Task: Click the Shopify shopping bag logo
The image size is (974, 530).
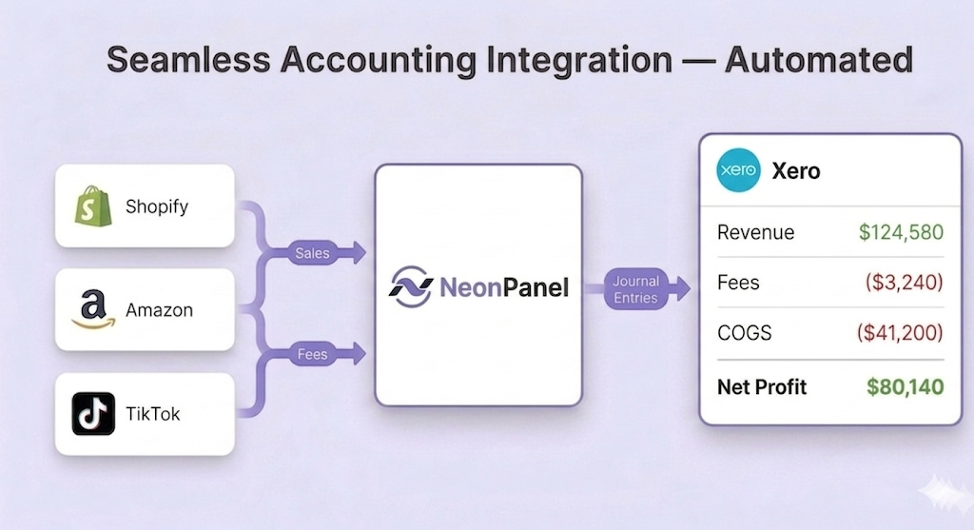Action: click(x=93, y=206)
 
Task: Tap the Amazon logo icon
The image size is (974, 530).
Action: click(x=92, y=310)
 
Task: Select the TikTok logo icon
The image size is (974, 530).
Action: click(x=93, y=414)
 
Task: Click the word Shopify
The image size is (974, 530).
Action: click(x=158, y=206)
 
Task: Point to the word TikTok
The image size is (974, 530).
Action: click(x=153, y=414)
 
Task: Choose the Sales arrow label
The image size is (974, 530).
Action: click(x=312, y=253)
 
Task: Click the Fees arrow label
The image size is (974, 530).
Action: click(x=312, y=355)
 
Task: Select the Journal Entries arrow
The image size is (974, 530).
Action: click(x=637, y=289)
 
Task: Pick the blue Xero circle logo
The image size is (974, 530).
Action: click(x=738, y=170)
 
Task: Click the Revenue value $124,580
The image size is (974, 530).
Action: click(x=900, y=232)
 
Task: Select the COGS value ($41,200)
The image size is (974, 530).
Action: click(x=899, y=333)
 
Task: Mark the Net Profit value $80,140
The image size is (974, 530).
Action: click(x=905, y=387)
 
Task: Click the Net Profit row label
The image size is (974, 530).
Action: click(x=762, y=387)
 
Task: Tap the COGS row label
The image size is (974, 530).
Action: click(x=745, y=333)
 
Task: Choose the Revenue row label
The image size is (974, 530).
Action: click(x=756, y=232)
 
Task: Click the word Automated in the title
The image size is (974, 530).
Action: click(x=818, y=59)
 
